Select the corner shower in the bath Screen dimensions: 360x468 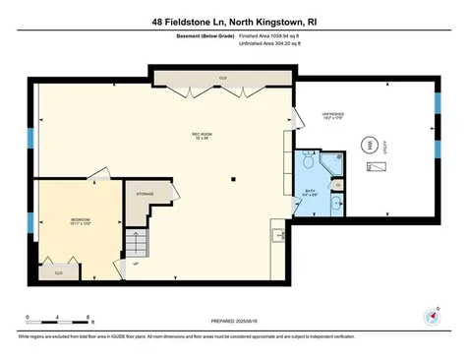click(308, 163)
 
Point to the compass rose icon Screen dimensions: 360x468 click(430, 316)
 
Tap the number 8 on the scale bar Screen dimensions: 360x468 click(89, 317)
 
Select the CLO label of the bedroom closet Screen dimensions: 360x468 click(59, 271)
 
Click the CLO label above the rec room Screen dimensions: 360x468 click(224, 76)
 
